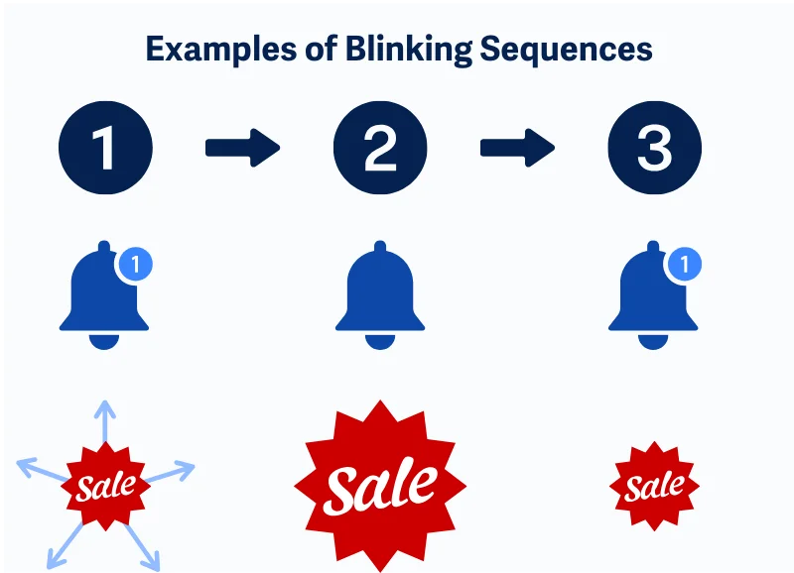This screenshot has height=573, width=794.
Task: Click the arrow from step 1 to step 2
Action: (x=242, y=148)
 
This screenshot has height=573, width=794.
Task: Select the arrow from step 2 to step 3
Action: (x=517, y=148)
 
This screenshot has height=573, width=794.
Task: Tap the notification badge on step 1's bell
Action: (x=137, y=265)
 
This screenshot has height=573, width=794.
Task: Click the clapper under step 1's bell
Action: (x=104, y=340)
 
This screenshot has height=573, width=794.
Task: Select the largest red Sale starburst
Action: (x=380, y=485)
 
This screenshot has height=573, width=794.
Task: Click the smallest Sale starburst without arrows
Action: (x=654, y=486)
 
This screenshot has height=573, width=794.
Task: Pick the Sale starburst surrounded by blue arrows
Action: (x=106, y=486)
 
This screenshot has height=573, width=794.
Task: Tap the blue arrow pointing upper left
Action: (x=38, y=467)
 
